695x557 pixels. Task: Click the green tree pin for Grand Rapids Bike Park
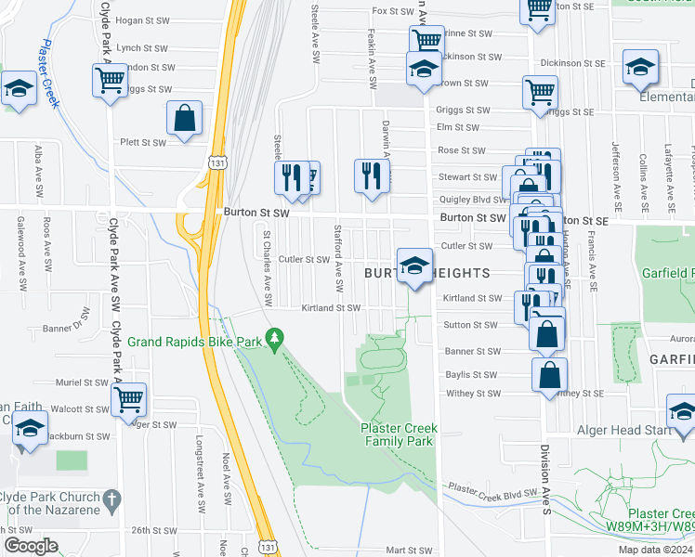(x=273, y=341)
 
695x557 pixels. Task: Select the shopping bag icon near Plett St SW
(x=185, y=119)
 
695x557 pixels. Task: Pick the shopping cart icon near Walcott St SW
(x=128, y=400)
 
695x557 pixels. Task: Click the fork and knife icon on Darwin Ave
(x=371, y=175)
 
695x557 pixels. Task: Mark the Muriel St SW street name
(x=82, y=382)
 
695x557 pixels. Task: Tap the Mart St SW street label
(x=410, y=551)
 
